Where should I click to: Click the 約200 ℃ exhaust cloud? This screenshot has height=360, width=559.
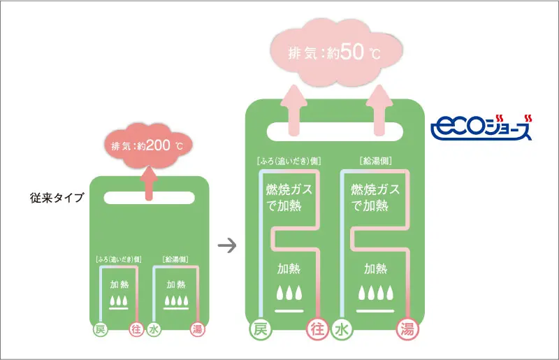coord(147,146)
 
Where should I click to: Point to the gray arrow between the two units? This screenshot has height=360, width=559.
coord(226,245)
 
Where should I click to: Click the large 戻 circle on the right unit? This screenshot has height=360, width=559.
coord(259,329)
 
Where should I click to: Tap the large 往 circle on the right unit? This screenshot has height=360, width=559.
coord(318,329)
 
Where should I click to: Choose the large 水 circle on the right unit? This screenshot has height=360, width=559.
coord(342,329)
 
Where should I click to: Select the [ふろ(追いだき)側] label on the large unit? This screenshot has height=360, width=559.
coord(288,161)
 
